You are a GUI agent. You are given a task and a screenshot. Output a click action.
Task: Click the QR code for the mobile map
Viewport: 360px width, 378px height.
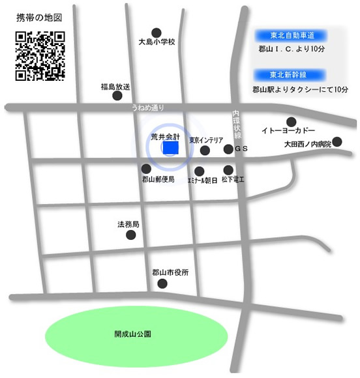40,56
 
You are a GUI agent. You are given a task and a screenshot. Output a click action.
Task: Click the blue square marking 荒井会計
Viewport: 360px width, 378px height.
170,149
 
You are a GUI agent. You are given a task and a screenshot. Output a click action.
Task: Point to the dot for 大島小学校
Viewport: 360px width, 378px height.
157,32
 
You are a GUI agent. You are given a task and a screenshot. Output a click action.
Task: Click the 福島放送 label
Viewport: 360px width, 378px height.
116,85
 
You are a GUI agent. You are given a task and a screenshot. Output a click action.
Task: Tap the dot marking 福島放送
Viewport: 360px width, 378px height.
117,96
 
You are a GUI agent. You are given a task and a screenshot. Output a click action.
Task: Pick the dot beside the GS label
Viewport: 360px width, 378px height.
228,149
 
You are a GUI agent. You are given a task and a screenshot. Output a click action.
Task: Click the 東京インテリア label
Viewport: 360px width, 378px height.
206,139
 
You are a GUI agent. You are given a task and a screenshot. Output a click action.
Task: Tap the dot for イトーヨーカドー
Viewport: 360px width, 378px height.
291,121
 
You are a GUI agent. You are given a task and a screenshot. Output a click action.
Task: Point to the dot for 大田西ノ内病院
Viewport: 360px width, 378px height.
337,141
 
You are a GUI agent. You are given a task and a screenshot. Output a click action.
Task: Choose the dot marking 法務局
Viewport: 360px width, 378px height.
131,235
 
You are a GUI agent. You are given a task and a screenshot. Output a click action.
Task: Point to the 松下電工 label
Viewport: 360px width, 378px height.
232,179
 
